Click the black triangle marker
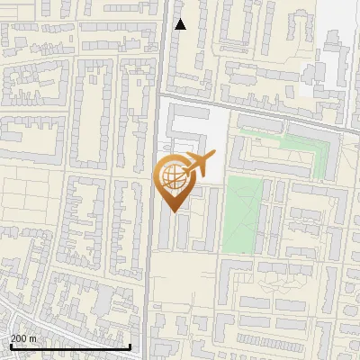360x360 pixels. [180, 24]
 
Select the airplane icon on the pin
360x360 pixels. [197, 165]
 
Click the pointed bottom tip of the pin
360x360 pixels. [174, 211]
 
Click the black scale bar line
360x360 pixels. [69, 346]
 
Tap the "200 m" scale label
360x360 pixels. [23, 338]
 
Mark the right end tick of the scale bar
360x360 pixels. [130, 345]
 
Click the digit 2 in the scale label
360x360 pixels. [13, 338]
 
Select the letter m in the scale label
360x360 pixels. [33, 338]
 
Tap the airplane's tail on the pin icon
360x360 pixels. [210, 158]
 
